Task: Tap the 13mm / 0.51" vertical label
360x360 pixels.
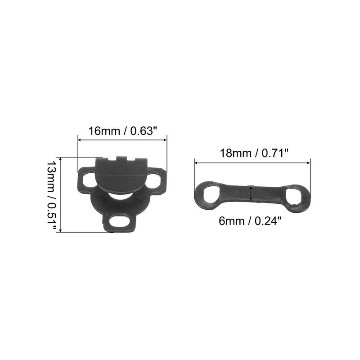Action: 51,195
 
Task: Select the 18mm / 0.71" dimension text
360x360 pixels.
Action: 254,153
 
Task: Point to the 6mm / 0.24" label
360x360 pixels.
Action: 250,221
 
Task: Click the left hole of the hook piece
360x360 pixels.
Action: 88,180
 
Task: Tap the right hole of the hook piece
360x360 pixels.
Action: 154,179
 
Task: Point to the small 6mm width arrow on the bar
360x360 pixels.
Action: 251,193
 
